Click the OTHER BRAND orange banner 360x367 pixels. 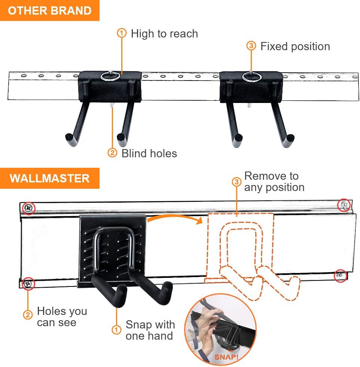tap(49, 10)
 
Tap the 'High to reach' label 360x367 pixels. tap(164, 34)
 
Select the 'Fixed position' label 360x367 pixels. tap(295, 46)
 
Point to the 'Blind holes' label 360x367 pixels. tap(149, 153)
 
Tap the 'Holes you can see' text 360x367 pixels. tap(62, 317)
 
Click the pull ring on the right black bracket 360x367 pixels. tap(251, 77)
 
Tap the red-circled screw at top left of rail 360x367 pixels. tap(28, 207)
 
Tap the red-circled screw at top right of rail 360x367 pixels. tap(344, 205)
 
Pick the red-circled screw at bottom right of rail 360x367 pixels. tap(340, 275)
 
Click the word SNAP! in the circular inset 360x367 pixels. tap(226, 356)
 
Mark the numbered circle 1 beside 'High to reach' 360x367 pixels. tap(122, 33)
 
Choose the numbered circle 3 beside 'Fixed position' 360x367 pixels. tap(251, 46)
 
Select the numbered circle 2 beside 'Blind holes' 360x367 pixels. tap(112, 153)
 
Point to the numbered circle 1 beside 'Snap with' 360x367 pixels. tap(117, 330)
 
